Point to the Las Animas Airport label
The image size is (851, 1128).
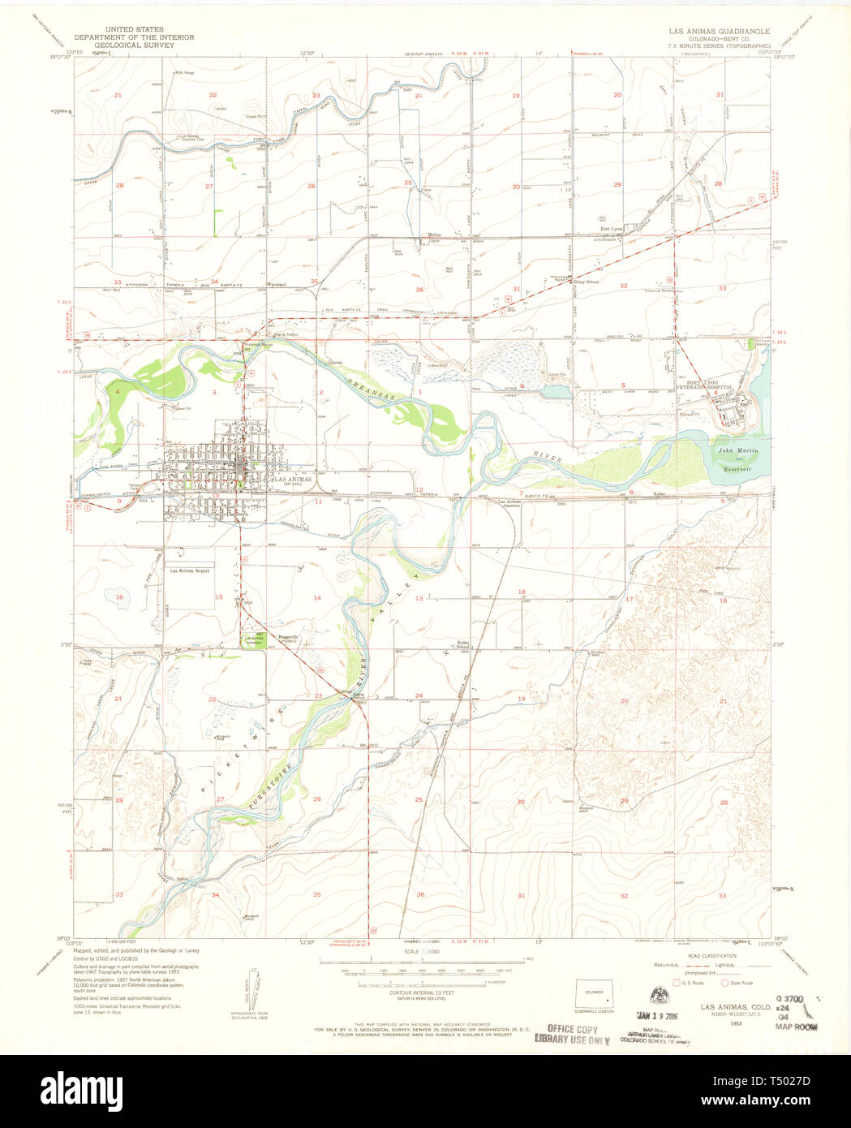(x=190, y=570)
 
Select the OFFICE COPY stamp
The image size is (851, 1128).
(x=572, y=1029)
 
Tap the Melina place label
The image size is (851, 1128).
(x=434, y=235)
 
